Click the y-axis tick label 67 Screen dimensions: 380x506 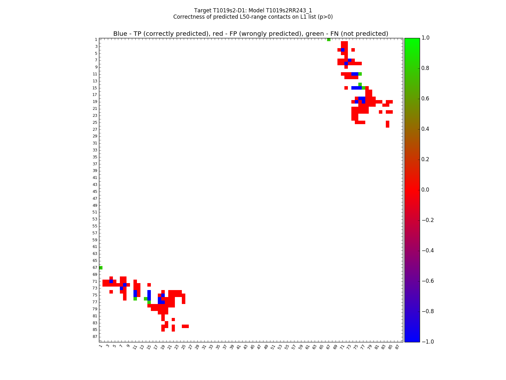[x=95, y=268]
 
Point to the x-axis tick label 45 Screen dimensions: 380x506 [x=252, y=347]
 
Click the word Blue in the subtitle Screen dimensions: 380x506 [x=120, y=34]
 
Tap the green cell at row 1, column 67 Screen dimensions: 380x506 [x=329, y=40]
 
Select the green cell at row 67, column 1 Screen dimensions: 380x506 [x=101, y=268]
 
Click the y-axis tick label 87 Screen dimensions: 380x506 [x=95, y=337]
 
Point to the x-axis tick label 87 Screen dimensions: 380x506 [x=397, y=347]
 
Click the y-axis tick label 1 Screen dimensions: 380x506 [x=96, y=40]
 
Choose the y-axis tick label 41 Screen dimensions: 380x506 [x=95, y=178]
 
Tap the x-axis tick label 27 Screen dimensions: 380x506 [x=190, y=347]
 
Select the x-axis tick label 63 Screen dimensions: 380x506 [x=314, y=347]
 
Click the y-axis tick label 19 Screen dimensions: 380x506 [x=95, y=102]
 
